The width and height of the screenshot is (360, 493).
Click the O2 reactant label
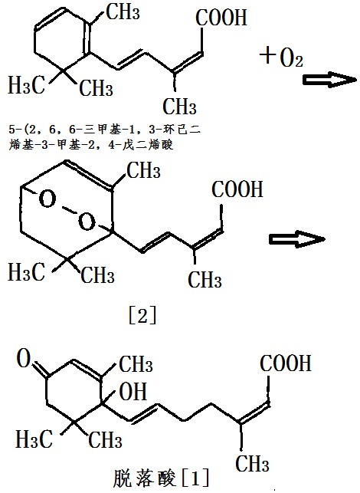(291, 58)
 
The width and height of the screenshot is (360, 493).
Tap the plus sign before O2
(267, 55)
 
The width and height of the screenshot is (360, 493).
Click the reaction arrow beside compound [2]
(297, 239)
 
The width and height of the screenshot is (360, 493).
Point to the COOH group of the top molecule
(221, 17)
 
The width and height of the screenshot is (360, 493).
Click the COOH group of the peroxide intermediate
(237, 189)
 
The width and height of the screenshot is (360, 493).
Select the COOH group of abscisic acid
(286, 363)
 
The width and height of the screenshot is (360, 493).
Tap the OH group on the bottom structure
(133, 391)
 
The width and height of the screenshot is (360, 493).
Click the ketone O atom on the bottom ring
(24, 358)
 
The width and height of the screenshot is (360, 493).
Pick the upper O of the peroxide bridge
(47, 199)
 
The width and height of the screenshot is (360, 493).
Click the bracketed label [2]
(142, 317)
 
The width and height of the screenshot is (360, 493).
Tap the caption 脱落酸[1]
(161, 478)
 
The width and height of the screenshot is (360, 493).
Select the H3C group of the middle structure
(26, 271)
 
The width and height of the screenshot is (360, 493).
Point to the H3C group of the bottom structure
(34, 439)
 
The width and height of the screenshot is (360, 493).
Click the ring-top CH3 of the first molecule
(123, 12)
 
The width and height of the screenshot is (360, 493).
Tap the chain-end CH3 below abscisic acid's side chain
(252, 463)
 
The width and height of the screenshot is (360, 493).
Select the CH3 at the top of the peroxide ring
(143, 170)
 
